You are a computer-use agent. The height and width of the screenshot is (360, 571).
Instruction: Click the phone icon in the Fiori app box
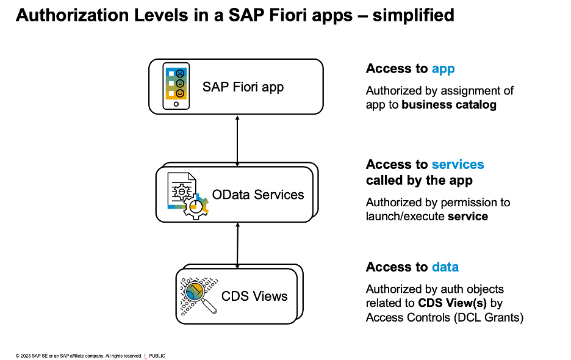176,87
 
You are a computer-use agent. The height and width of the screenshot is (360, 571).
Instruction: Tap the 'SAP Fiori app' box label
243,87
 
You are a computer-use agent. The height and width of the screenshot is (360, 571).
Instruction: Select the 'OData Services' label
258,195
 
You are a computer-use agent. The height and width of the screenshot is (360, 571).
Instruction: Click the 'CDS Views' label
254,297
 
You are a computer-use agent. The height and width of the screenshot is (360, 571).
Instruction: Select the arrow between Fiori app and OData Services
237,139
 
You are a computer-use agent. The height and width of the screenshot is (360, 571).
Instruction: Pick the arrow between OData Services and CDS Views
237,243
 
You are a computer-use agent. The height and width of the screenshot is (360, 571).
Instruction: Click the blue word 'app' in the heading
443,68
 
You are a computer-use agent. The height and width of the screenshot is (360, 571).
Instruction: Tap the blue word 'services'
458,165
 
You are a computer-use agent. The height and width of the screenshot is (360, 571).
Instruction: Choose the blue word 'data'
445,267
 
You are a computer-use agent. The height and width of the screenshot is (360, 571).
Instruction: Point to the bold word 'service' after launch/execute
468,216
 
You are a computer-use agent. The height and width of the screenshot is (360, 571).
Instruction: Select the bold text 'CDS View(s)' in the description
452,303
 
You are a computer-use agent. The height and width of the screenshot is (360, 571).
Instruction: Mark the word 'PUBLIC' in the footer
157,356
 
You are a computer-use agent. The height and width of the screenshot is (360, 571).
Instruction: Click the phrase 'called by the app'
419,181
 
